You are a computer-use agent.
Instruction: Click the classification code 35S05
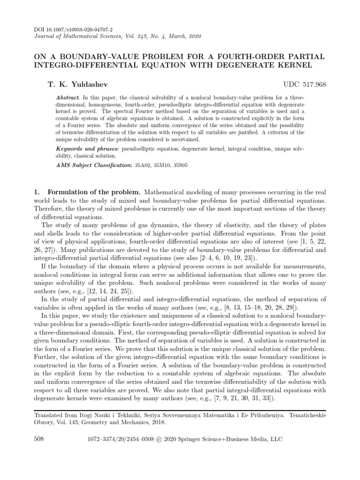(x=181, y=166)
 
